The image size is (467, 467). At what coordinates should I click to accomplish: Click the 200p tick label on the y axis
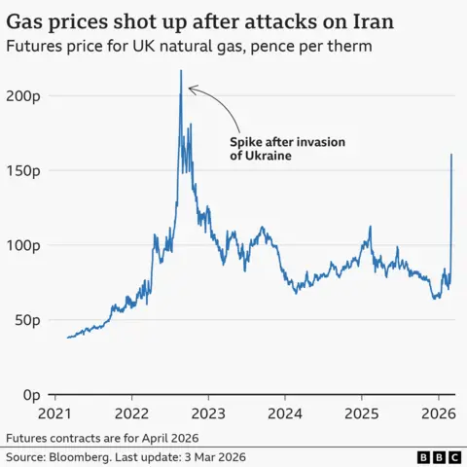click(x=20, y=95)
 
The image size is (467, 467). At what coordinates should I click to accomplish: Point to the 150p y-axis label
click(x=20, y=170)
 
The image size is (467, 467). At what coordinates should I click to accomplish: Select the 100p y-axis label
click(x=20, y=245)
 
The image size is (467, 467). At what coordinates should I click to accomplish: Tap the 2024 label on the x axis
click(x=284, y=413)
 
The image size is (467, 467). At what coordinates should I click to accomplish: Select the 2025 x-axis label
click(x=361, y=413)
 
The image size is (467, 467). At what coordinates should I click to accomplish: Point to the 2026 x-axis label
click(x=437, y=413)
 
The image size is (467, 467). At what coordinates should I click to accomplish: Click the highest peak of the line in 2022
click(x=181, y=71)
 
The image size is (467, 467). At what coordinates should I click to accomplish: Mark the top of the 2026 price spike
click(x=451, y=154)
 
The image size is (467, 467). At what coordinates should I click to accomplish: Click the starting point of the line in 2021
click(x=67, y=338)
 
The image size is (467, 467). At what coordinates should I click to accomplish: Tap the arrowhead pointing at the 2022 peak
click(x=190, y=90)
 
